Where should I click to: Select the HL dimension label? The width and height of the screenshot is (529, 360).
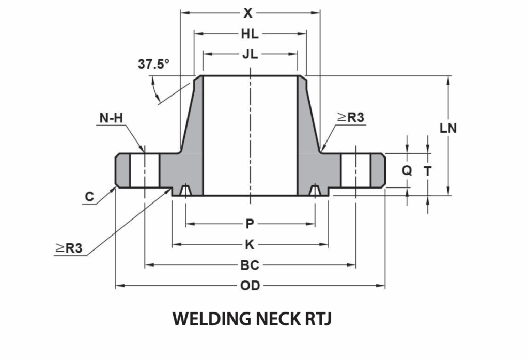point(250,34)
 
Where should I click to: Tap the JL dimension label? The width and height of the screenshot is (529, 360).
point(250,55)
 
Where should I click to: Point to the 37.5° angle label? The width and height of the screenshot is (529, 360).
point(153,65)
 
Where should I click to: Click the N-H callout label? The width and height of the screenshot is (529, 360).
point(111,118)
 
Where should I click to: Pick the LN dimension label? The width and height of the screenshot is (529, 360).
point(448,129)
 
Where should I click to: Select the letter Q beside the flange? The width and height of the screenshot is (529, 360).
point(407,170)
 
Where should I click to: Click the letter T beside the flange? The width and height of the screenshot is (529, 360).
point(428,170)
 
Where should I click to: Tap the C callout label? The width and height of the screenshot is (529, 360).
point(89,197)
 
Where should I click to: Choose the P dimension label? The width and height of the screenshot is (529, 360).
point(250,224)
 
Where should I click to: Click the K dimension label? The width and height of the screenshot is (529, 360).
point(250,245)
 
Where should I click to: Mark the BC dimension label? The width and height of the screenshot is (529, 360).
point(250,265)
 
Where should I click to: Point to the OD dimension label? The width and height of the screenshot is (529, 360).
point(250,286)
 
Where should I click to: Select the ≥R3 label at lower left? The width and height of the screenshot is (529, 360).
point(69,248)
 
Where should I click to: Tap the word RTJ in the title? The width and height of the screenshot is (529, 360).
point(314,319)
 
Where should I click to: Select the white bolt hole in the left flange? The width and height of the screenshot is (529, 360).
point(145,171)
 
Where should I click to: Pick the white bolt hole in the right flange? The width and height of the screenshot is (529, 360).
point(355,171)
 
